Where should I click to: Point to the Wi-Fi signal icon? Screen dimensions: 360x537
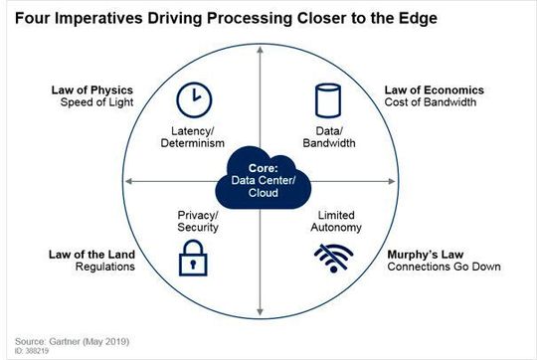point(327,260)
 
